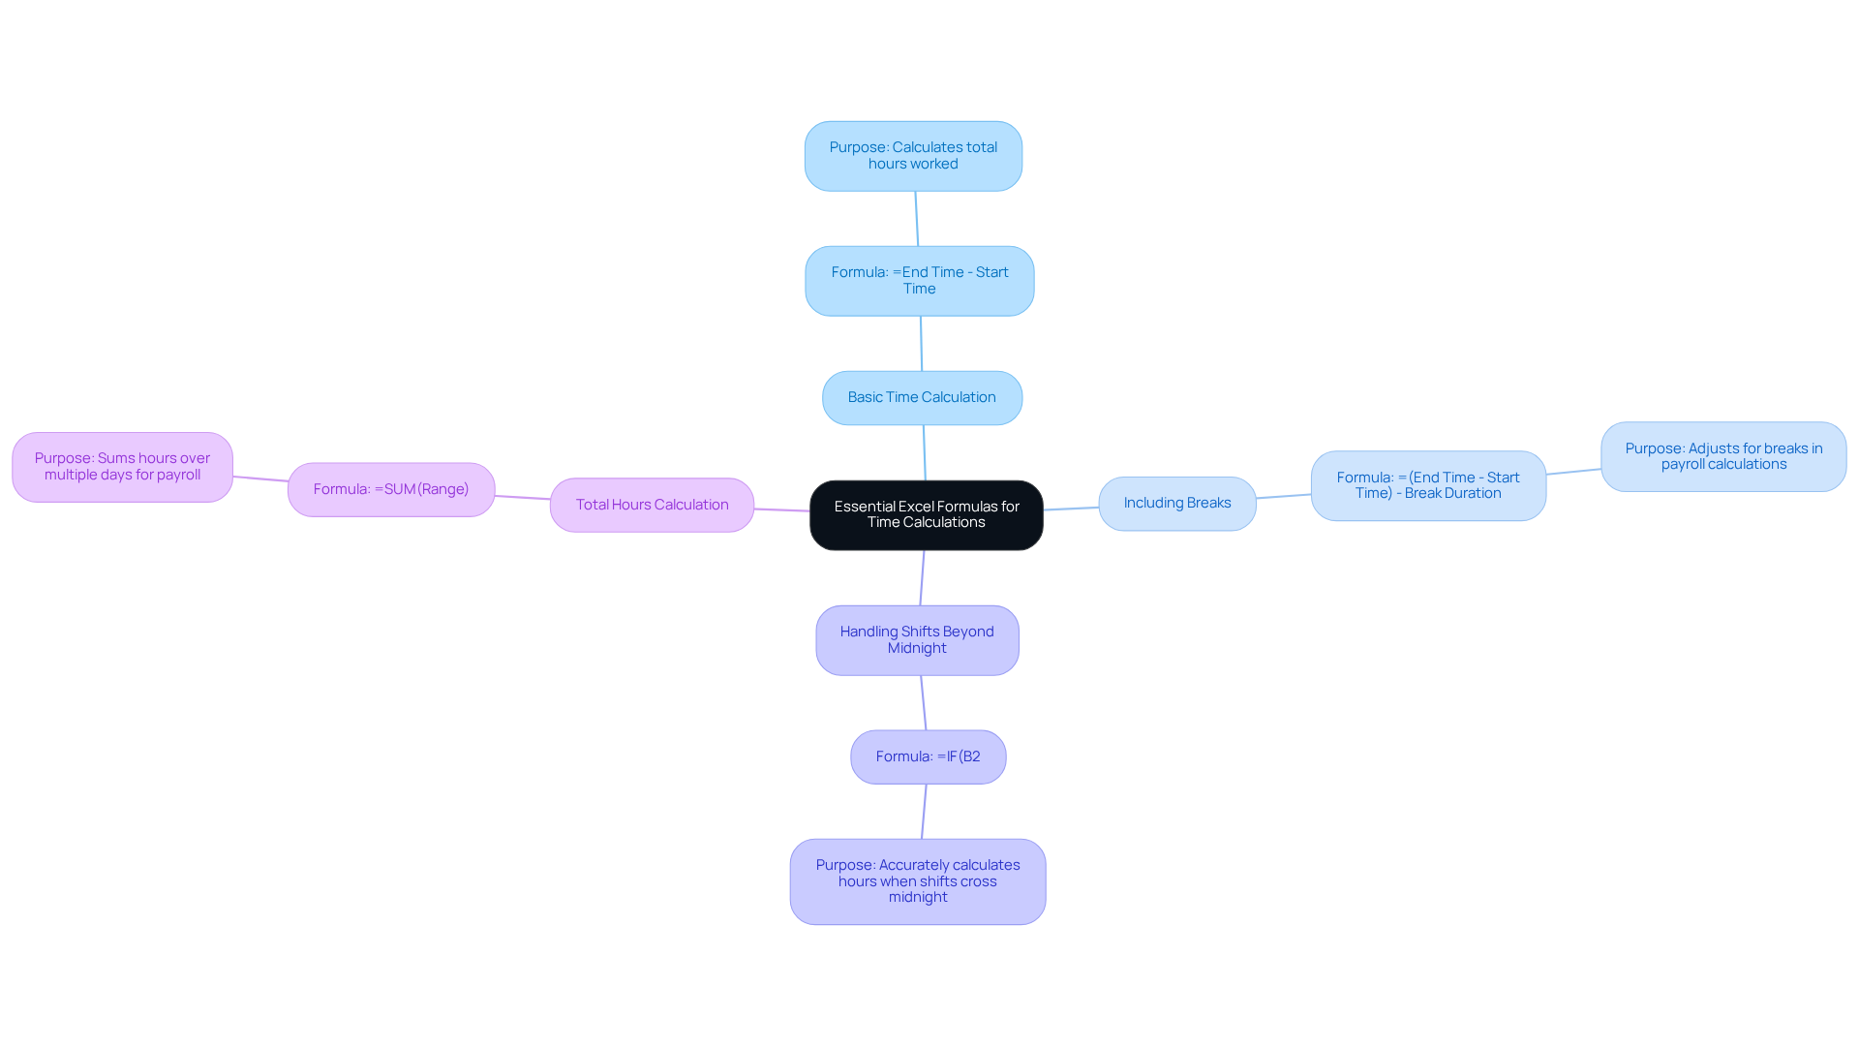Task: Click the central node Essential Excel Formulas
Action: click(x=926, y=514)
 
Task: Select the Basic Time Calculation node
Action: click(x=922, y=397)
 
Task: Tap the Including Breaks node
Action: click(x=1176, y=503)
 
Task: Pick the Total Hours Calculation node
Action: click(x=652, y=505)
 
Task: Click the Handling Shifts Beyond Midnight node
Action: click(x=917, y=639)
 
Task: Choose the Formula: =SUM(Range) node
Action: click(x=391, y=489)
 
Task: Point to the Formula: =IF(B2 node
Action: click(x=928, y=756)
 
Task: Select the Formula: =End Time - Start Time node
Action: click(x=919, y=280)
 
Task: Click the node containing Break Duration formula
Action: click(x=1428, y=485)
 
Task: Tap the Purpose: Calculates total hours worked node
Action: click(x=913, y=156)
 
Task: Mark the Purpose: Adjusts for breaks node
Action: click(x=1723, y=456)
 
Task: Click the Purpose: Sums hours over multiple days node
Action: click(x=122, y=467)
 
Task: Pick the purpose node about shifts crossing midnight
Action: click(x=917, y=880)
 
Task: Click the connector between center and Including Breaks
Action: click(x=1071, y=509)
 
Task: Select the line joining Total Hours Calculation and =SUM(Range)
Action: click(x=523, y=498)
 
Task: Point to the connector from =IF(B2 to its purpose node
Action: click(x=924, y=812)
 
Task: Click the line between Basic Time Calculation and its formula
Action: click(x=921, y=344)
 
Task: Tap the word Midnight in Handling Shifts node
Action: click(x=917, y=648)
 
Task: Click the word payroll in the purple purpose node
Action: click(x=178, y=475)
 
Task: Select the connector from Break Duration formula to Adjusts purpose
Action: click(x=1573, y=472)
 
